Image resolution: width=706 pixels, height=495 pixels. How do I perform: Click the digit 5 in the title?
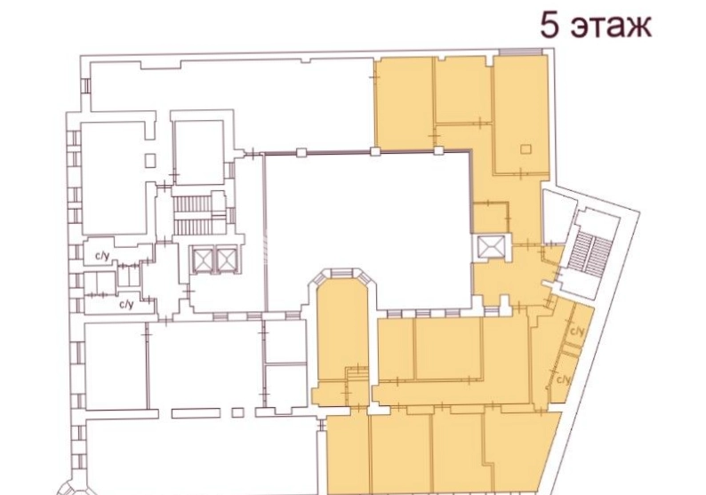click(550, 26)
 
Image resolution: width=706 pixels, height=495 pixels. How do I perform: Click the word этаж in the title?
click(611, 27)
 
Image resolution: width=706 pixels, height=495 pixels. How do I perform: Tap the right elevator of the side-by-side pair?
click(226, 259)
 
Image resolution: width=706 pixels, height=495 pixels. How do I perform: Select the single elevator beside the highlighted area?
click(489, 248)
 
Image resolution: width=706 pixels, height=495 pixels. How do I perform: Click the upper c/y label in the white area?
click(102, 257)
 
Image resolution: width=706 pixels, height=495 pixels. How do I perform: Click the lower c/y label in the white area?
click(126, 305)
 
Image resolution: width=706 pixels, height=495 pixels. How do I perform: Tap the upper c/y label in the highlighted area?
click(577, 332)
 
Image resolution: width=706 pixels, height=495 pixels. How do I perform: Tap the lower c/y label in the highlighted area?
click(564, 379)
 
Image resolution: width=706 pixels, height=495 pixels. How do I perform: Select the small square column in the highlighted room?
click(525, 149)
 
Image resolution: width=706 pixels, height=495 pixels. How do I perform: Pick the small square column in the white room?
click(151, 160)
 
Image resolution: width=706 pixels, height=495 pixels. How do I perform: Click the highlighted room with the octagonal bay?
click(342, 329)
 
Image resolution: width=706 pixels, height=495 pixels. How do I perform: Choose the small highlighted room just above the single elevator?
click(491, 220)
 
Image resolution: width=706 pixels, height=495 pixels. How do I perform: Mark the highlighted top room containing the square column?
click(521, 115)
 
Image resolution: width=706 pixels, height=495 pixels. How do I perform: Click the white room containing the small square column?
click(115, 178)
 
